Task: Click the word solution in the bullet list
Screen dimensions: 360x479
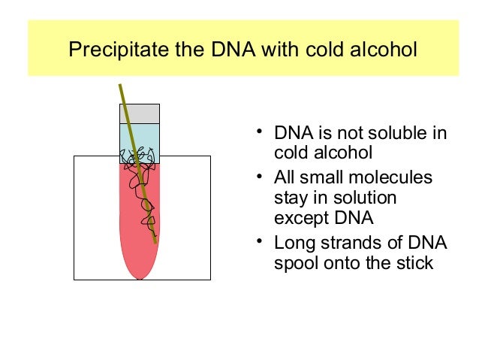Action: click(x=363, y=198)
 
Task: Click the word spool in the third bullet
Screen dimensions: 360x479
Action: click(x=295, y=264)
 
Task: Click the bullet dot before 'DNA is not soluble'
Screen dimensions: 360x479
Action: click(x=258, y=134)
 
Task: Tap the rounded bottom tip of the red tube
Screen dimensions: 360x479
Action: click(x=140, y=275)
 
